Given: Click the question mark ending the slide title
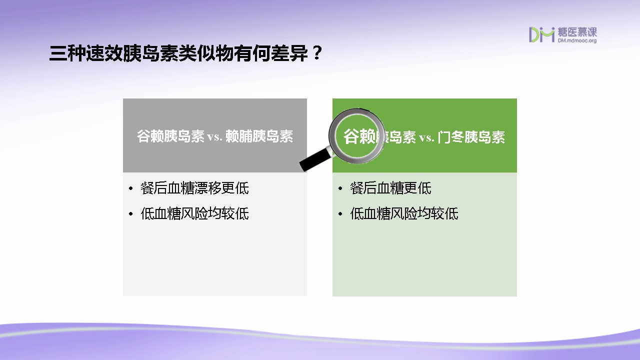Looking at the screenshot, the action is tap(316, 53).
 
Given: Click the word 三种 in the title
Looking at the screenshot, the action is tap(67, 53).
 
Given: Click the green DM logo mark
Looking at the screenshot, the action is tap(541, 34).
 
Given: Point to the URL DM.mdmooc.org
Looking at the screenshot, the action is tap(577, 40).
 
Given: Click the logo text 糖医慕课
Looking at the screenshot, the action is tap(577, 32).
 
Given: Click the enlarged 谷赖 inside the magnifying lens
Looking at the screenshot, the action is tap(359, 136).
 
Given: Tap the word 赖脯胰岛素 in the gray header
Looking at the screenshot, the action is tap(259, 136).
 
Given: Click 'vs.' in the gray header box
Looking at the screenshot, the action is tap(214, 137).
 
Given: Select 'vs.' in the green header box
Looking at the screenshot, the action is tap(426, 138).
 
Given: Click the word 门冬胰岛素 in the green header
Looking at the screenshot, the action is tap(471, 137).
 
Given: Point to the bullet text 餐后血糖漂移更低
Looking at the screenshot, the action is tap(194, 188).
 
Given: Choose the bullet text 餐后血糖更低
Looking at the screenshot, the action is tap(390, 188).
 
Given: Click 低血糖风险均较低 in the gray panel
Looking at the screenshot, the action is tap(194, 213).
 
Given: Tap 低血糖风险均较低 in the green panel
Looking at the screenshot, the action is tap(404, 213).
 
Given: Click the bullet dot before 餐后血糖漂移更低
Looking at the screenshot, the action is tap(131, 188).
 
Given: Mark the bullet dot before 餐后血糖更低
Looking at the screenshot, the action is tap(340, 188).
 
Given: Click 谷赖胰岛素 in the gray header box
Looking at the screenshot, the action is tap(170, 136).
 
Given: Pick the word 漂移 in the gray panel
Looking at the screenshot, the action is tap(208, 188).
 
